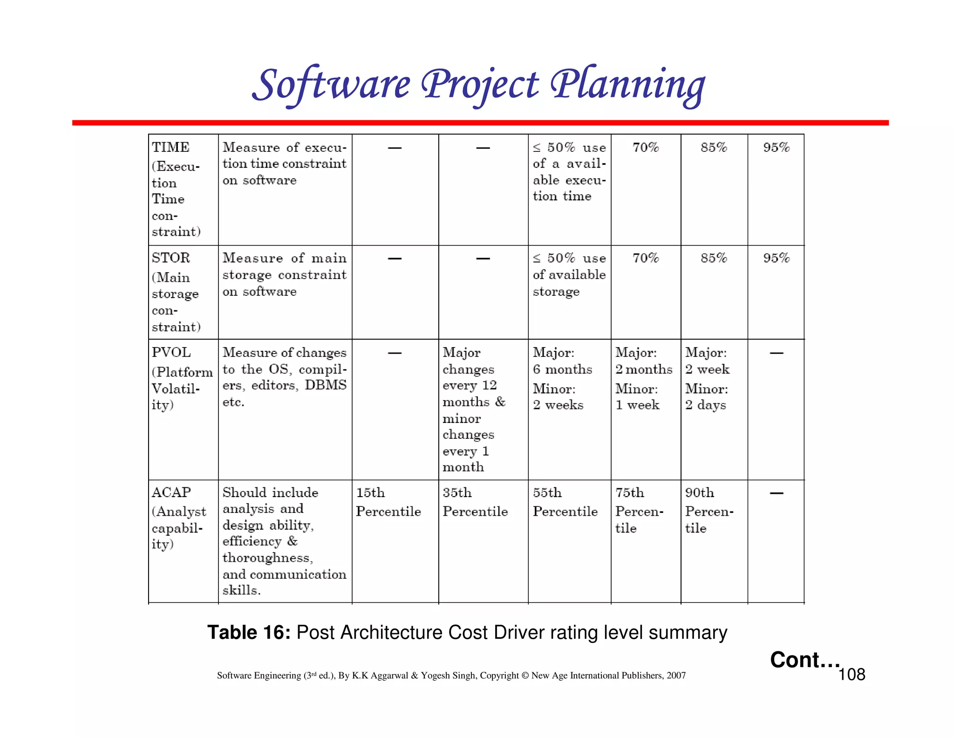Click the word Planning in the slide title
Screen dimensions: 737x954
coord(628,85)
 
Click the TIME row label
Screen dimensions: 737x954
coord(170,147)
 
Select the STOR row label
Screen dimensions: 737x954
coord(171,258)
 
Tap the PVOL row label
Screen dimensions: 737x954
coord(171,352)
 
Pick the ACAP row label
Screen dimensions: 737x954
coord(171,492)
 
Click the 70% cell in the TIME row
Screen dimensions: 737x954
coord(646,148)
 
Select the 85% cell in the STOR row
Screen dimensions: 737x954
coord(714,258)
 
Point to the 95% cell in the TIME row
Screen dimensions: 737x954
coord(776,148)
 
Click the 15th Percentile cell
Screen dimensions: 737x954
coord(388,502)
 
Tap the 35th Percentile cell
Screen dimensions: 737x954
coord(475,502)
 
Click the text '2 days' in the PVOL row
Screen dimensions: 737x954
coord(705,405)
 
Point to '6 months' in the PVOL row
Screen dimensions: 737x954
coord(562,369)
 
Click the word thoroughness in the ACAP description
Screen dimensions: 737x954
coord(267,558)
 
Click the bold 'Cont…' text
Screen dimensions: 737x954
coord(804,660)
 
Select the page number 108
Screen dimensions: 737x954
coord(852,675)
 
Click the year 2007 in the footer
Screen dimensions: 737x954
coord(676,676)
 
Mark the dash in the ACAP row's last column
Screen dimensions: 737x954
coord(776,493)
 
